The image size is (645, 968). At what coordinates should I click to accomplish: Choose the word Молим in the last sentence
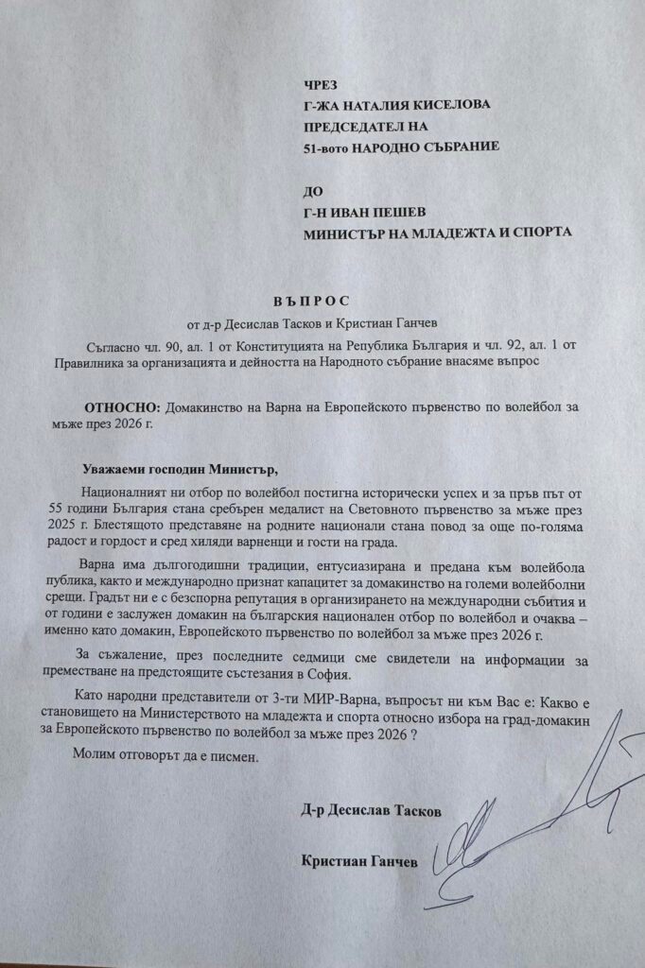pyautogui.click(x=101, y=758)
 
